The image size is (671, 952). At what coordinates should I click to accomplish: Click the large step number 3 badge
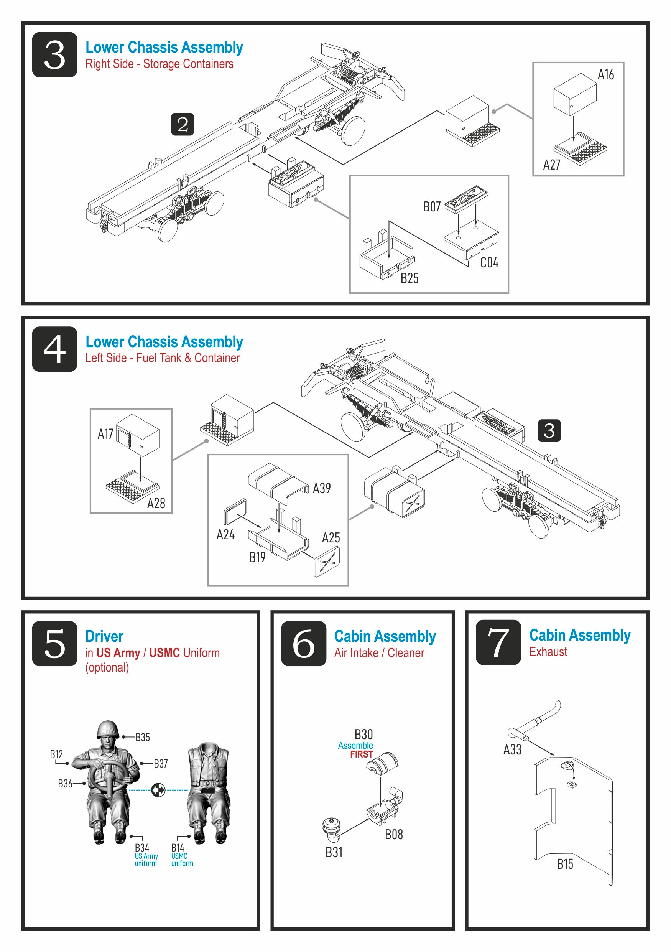point(54,55)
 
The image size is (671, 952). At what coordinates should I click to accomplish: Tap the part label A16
point(605,75)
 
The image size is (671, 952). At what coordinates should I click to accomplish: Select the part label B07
point(431,206)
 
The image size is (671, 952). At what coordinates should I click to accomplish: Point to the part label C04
point(488,262)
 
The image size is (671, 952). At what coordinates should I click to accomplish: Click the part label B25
point(409,278)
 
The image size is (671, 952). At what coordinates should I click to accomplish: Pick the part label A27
point(551,165)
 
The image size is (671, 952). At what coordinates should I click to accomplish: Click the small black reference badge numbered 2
point(183,124)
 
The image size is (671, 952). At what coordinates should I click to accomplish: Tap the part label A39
point(322,488)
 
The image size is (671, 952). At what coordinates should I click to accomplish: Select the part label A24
point(225,535)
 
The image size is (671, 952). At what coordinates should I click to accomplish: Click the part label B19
point(257,557)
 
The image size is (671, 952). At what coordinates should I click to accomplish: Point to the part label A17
point(105,434)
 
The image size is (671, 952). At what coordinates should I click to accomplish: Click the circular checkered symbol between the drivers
point(158,790)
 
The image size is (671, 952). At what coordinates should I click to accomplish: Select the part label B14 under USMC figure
point(178,848)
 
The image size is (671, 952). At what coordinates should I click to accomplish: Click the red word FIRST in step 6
point(362,754)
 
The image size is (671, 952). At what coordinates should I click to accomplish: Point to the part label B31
point(334,853)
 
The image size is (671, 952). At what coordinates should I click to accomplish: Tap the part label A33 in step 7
point(512,749)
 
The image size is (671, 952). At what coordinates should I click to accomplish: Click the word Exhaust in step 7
point(548,651)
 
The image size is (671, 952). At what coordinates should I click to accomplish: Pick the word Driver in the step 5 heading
point(104,636)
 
